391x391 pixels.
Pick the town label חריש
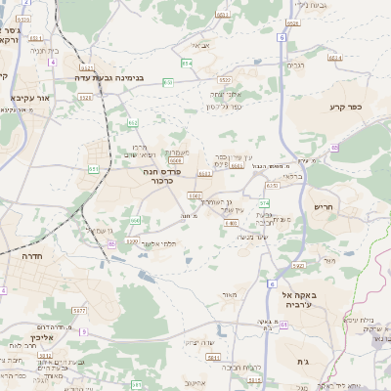tap(324, 207)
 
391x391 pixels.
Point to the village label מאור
tap(230, 293)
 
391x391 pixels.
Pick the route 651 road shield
tap(94, 168)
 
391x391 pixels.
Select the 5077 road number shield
tap(80, 310)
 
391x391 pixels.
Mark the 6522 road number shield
tap(224, 79)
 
